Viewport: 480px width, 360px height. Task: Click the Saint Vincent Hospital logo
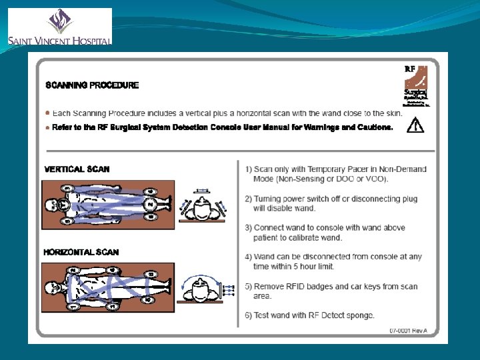click(59, 27)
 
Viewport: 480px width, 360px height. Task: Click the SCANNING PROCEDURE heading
click(92, 85)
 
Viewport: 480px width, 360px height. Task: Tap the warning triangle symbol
click(415, 125)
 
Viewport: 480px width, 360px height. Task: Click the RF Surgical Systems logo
click(417, 85)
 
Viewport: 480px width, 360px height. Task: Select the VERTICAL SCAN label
click(77, 169)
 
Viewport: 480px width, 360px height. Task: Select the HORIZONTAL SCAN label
click(81, 252)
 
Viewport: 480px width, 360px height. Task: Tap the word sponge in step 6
click(360, 315)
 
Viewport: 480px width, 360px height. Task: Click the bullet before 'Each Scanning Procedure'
click(47, 113)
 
